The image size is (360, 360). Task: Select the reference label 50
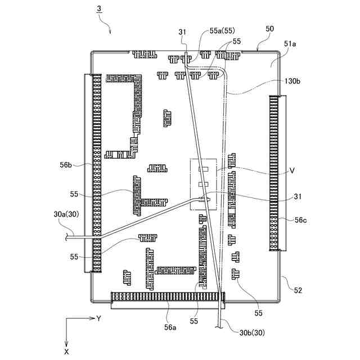pos(269,28)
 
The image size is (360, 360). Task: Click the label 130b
pos(292,81)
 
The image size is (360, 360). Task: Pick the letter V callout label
pos(292,169)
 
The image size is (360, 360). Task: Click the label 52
pos(298,290)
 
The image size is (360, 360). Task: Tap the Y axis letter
pos(98,318)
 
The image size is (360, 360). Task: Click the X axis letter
pos(67,351)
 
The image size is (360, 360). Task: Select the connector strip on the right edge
pos(274,172)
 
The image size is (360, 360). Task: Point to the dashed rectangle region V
pos(204,184)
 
